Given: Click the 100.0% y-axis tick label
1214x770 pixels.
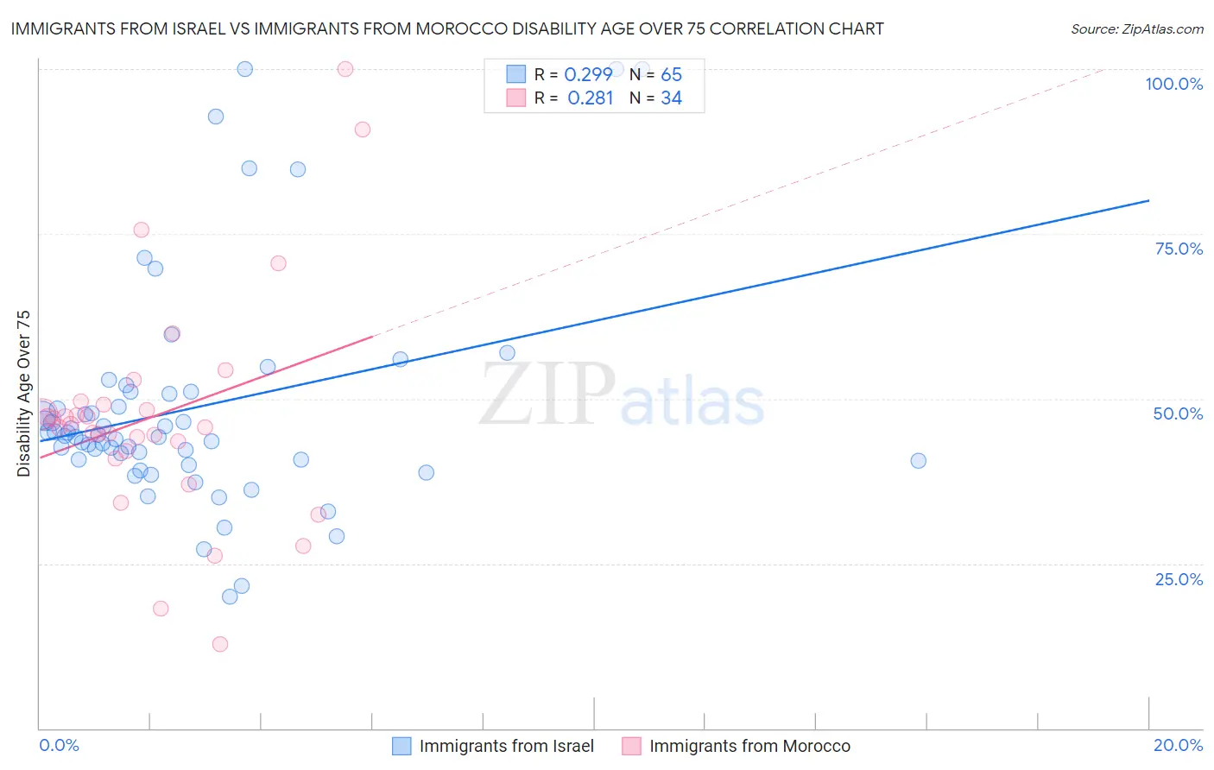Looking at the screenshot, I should coord(1173,84).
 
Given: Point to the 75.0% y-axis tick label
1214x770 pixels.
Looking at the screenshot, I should coord(1179,249).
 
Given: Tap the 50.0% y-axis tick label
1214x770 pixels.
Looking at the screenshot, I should coord(1178,413).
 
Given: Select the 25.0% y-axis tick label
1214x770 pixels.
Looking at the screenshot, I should coord(1179,579).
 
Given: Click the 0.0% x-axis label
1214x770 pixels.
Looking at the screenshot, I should coord(59,745).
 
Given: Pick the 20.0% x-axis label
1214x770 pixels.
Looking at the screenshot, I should coord(1178,745).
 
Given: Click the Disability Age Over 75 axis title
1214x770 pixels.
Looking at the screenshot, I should coord(23,394).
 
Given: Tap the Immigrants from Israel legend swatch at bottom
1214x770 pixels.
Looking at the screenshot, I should coord(402,746).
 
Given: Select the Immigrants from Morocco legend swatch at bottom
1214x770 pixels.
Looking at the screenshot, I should coord(632,746).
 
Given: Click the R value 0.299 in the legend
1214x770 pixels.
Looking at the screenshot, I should coord(588,75).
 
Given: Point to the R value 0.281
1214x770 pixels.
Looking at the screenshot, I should coord(590,98).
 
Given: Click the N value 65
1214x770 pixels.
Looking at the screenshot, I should coord(671,75).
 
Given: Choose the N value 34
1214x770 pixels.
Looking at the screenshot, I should coord(671,98).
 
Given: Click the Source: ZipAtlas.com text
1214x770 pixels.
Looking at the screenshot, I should coord(1136,29).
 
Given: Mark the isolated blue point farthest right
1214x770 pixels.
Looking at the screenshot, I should coord(918,461).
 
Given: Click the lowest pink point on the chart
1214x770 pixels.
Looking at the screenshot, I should coord(220,644).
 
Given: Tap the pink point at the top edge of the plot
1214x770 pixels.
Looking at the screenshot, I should coord(345,69).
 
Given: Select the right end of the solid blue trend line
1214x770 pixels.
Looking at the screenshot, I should coord(1148,200).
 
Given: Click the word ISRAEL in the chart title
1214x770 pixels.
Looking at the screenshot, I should coord(197,28).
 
